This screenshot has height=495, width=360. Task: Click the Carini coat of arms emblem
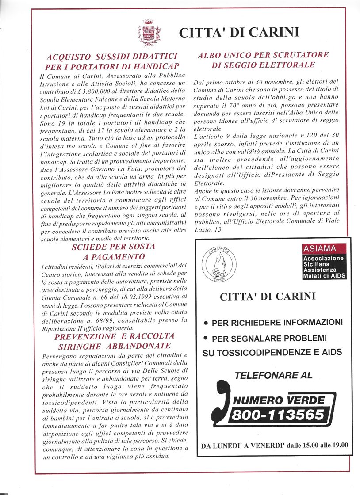click(x=149, y=33)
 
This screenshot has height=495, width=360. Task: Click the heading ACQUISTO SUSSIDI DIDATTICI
click(x=112, y=57)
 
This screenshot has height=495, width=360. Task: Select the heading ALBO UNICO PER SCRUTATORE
click(x=263, y=55)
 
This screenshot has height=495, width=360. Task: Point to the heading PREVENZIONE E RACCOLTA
click(x=115, y=336)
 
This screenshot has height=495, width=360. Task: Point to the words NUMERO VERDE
click(x=279, y=400)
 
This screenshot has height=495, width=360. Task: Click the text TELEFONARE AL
click(x=273, y=375)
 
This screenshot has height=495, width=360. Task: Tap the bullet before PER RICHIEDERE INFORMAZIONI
click(x=206, y=323)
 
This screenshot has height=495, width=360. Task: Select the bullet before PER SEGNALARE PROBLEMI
click(x=206, y=338)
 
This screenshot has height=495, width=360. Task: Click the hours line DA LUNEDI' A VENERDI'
click(x=274, y=445)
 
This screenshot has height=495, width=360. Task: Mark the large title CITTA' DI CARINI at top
click(x=239, y=33)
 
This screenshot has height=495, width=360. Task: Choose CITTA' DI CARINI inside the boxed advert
click(x=267, y=297)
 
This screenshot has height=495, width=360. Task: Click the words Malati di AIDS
click(x=324, y=276)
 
